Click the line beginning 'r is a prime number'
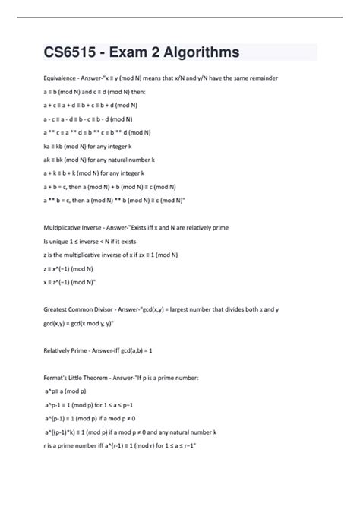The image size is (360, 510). [x=122, y=444]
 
